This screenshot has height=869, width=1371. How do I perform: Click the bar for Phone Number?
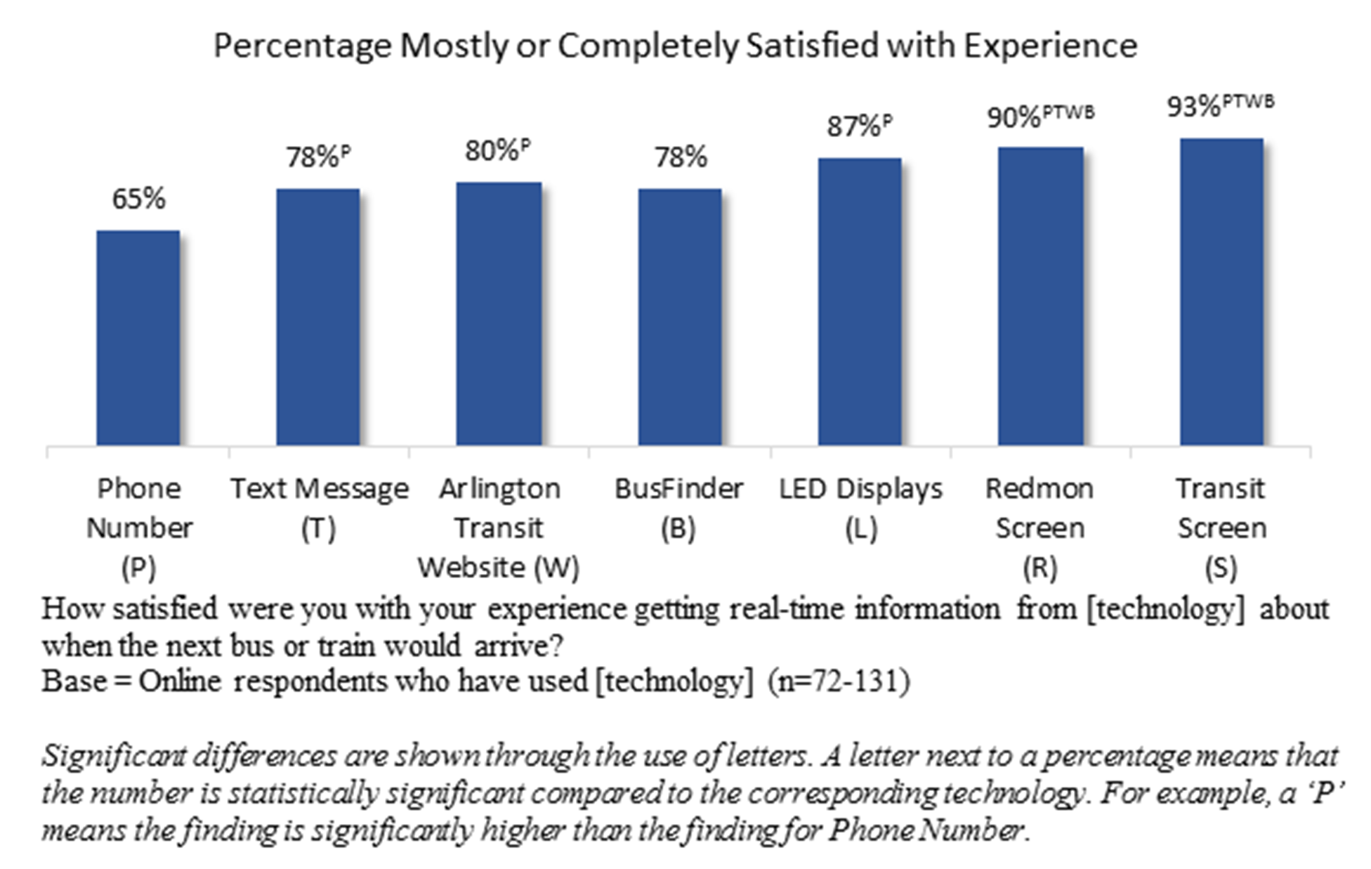tap(138, 337)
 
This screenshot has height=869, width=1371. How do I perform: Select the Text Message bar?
tap(318, 316)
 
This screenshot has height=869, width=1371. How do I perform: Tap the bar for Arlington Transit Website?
tap(499, 313)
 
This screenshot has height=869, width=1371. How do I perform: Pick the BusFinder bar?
tap(679, 316)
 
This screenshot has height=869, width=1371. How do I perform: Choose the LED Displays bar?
tap(860, 301)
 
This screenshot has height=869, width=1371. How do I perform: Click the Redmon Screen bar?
tap(1040, 296)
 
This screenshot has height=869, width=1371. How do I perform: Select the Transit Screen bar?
tap(1221, 292)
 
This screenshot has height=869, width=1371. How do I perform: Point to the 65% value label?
tap(138, 200)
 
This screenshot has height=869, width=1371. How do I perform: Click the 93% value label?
tap(1194, 107)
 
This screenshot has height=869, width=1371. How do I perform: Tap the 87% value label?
tap(853, 127)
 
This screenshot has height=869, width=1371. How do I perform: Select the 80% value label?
tap(491, 151)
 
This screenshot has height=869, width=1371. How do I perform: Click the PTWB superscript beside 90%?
tap(1068, 112)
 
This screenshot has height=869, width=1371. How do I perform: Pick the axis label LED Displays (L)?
tap(860, 507)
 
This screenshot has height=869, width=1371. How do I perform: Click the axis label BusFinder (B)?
tap(678, 507)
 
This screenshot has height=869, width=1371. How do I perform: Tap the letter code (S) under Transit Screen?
tap(1221, 568)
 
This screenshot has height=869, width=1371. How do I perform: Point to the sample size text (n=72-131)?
tap(839, 681)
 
